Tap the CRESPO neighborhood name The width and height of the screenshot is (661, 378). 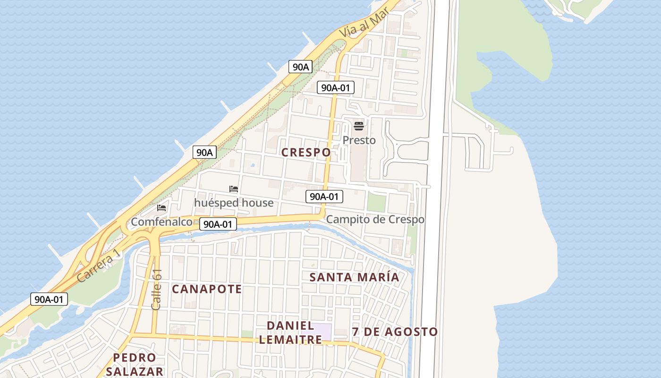pyautogui.click(x=306, y=153)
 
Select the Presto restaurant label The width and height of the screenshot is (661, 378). pyautogui.click(x=359, y=140)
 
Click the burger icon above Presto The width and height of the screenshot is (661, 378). pyautogui.click(x=359, y=126)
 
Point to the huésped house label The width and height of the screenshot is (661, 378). pyautogui.click(x=234, y=203)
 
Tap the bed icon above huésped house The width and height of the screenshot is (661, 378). pyautogui.click(x=234, y=189)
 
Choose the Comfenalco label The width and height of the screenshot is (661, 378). pyautogui.click(x=161, y=222)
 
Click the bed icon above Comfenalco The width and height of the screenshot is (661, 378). pyautogui.click(x=161, y=208)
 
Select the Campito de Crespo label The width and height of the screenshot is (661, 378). pyautogui.click(x=375, y=220)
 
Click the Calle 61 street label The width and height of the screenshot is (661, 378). pyautogui.click(x=157, y=290)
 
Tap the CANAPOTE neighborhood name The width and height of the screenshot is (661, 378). pyautogui.click(x=206, y=289)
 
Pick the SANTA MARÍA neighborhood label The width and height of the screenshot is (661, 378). pyautogui.click(x=354, y=277)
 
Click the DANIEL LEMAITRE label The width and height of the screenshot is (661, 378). pyautogui.click(x=290, y=333)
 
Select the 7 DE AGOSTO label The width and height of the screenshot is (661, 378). pyautogui.click(x=395, y=332)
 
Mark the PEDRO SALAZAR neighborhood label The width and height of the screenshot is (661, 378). pyautogui.click(x=135, y=364)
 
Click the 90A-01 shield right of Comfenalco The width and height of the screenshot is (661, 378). pyautogui.click(x=218, y=224)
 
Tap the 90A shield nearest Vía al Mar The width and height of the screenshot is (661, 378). pyautogui.click(x=300, y=67)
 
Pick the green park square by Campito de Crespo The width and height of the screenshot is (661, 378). pyautogui.click(x=376, y=203)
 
